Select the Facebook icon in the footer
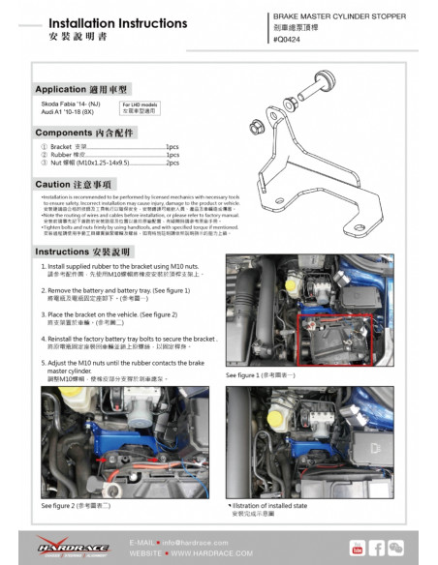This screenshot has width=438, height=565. tap(378, 549)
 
